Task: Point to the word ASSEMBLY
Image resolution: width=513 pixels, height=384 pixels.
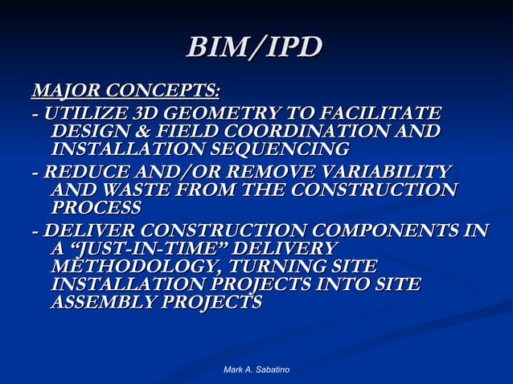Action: (103, 304)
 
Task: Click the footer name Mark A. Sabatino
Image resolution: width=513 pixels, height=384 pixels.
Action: (256, 369)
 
